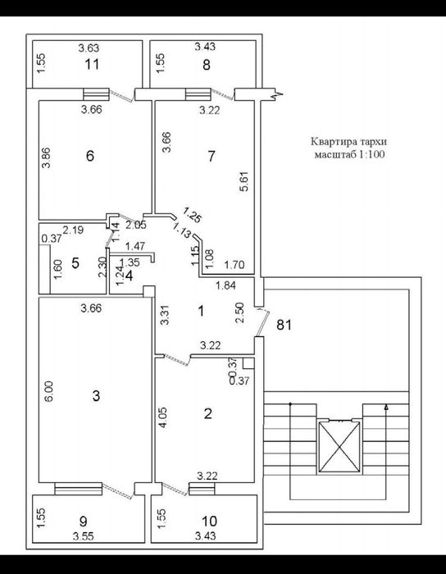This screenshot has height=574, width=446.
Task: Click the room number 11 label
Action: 92,65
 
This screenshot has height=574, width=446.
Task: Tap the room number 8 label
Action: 207,65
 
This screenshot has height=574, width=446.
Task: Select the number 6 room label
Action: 89,156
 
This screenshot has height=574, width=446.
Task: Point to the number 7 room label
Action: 211,157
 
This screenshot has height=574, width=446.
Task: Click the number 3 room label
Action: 96,396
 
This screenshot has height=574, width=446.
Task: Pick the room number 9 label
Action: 84,521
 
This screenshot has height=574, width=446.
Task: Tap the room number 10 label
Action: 209,521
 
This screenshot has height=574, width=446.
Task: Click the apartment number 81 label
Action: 284,325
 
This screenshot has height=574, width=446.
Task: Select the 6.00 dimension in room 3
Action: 50,391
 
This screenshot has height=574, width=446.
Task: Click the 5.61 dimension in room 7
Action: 244,181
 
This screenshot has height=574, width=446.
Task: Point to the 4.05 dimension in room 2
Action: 164,417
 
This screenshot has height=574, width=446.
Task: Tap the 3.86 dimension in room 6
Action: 46,157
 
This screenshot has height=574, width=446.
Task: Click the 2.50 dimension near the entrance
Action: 239,312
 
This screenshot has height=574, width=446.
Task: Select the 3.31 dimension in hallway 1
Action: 166,315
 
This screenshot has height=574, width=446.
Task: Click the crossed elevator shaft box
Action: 339,447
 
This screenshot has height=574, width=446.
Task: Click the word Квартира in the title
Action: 327,141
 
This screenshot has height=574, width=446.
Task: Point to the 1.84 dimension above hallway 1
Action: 226,285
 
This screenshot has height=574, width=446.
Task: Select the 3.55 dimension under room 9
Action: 84,536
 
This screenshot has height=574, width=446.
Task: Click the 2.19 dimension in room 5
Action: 73,230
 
